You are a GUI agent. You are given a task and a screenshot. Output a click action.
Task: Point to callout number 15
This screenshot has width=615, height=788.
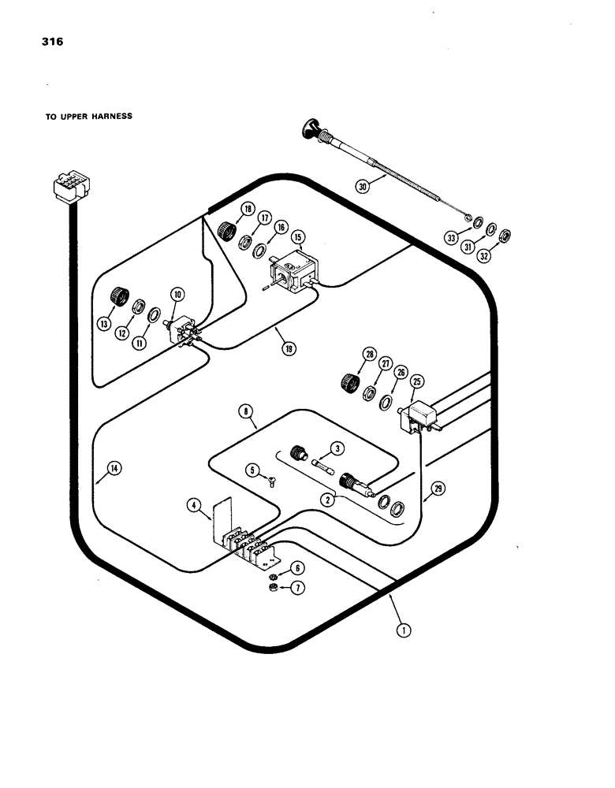pyautogui.click(x=297, y=236)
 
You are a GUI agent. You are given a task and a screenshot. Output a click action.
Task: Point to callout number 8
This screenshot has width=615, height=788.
pyautogui.click(x=247, y=411)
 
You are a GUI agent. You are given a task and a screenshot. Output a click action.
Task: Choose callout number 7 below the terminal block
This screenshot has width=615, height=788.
pyautogui.click(x=297, y=588)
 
